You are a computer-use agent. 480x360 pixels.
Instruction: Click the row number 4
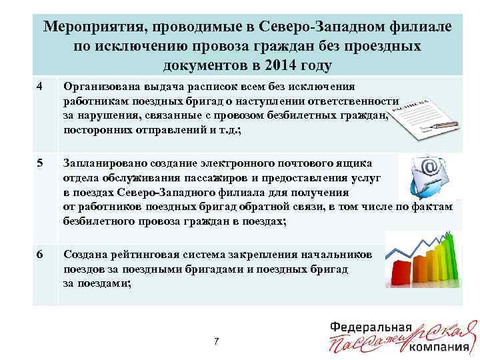coord(40,87)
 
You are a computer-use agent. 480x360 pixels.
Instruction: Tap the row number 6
coord(40,254)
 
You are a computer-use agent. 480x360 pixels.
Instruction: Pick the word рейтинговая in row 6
coord(161,254)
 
